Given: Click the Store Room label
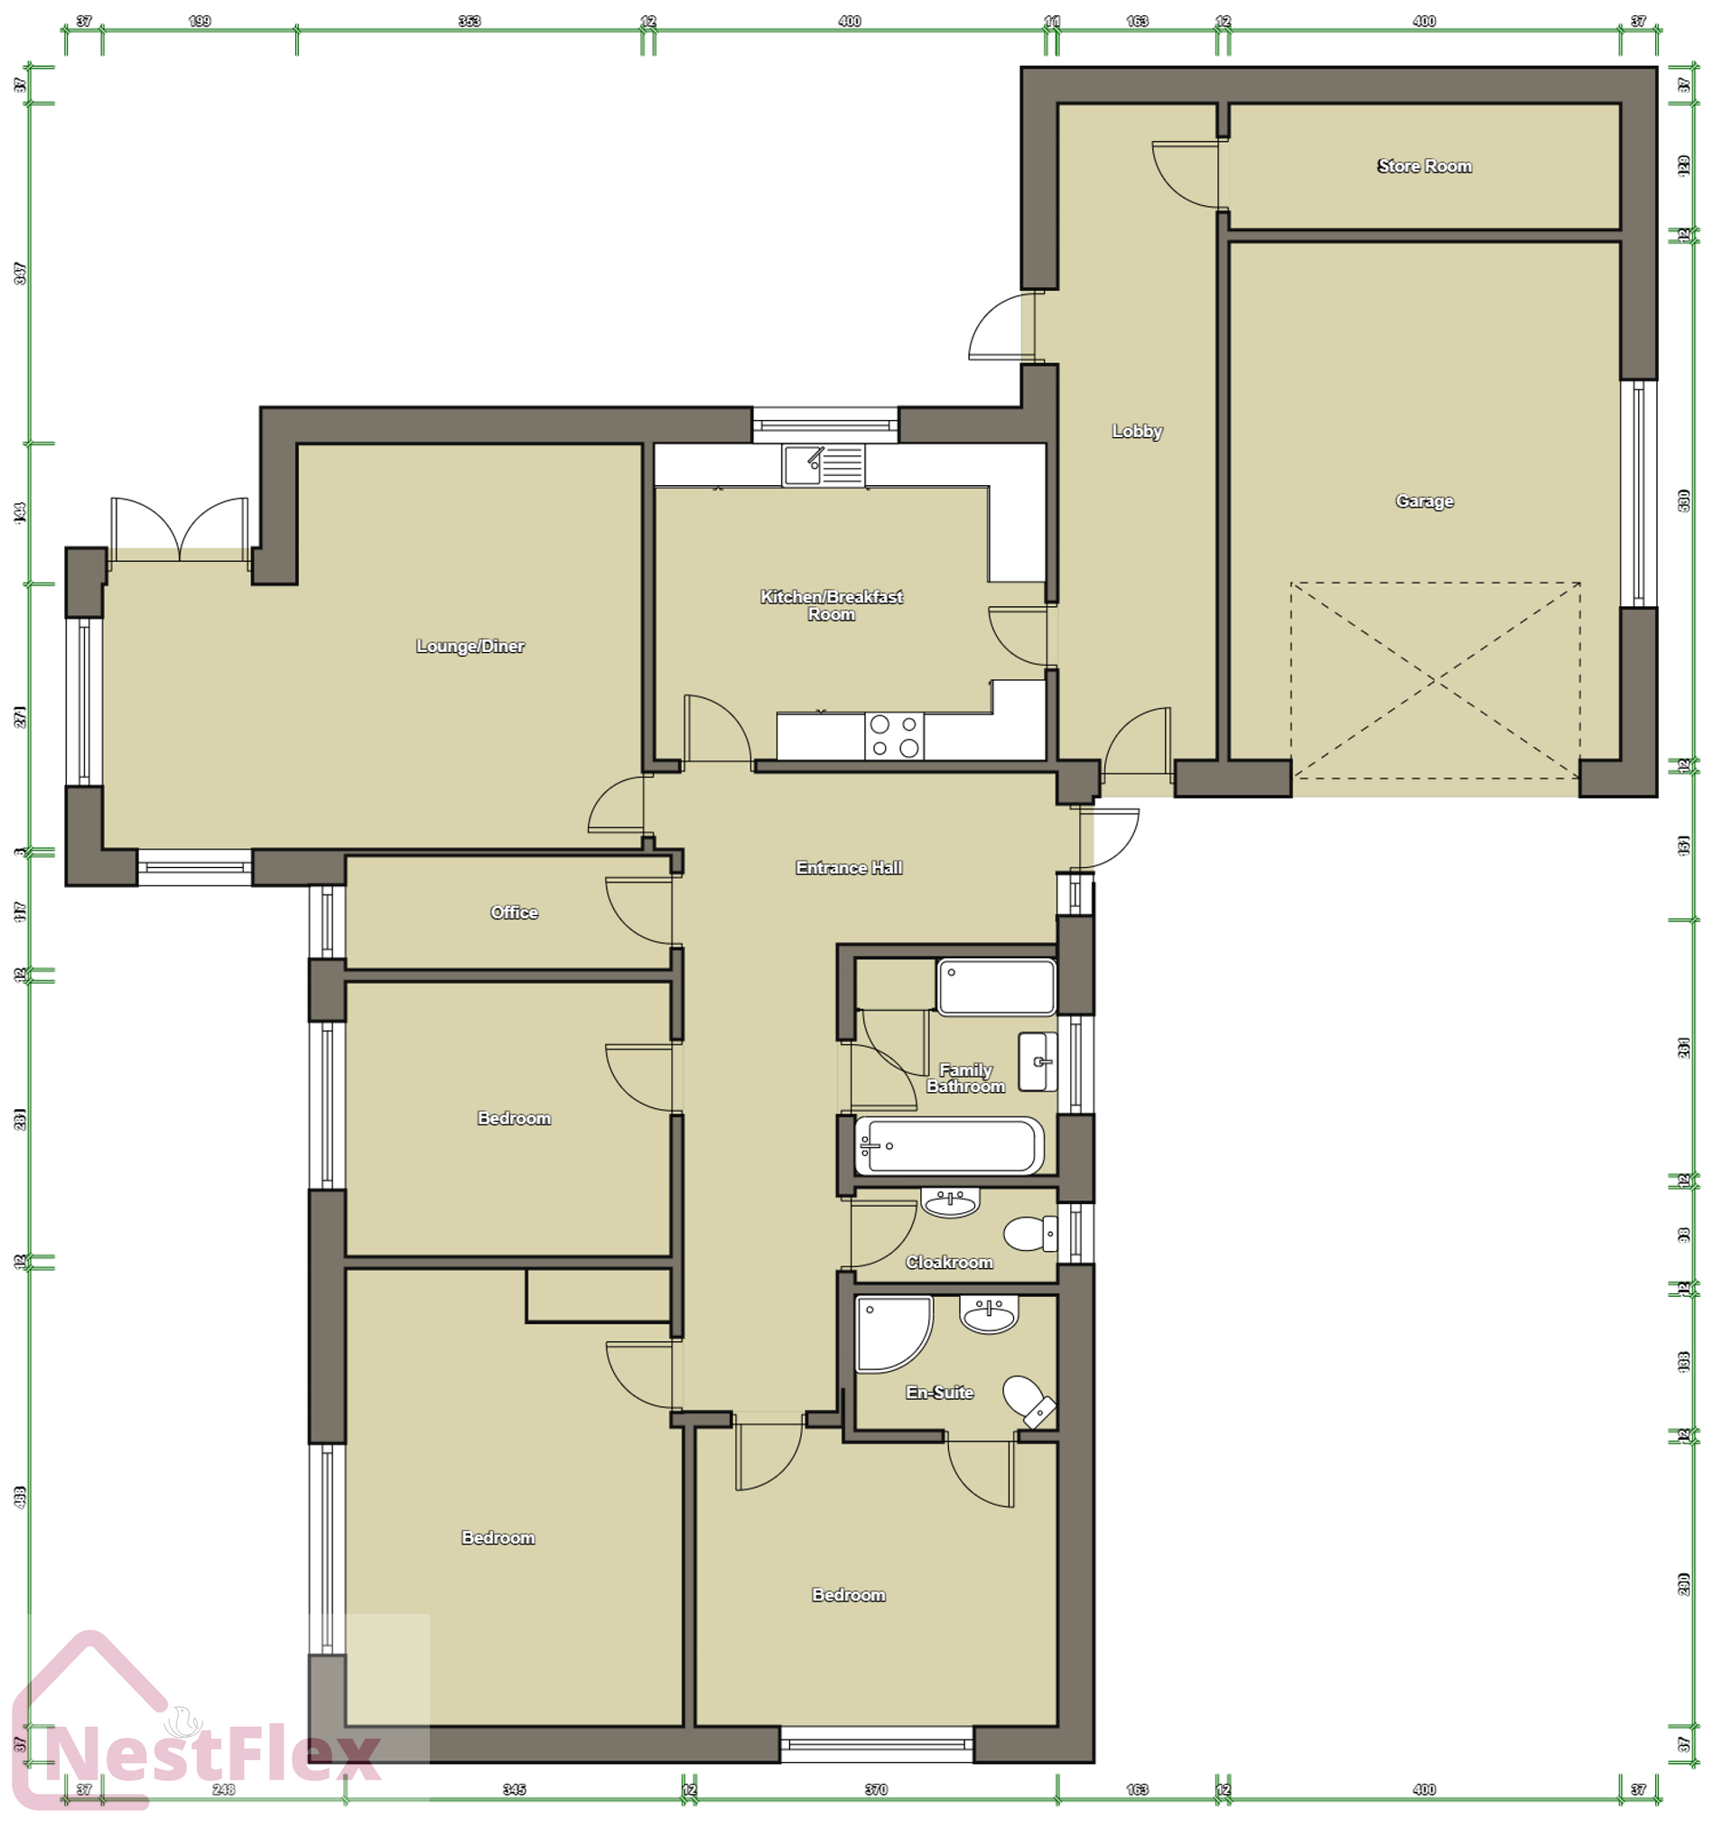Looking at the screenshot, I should [1424, 166].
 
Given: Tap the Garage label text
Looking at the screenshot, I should [1424, 501].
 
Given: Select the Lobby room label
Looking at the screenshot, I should [1137, 432].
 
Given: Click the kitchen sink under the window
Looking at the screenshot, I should [823, 465].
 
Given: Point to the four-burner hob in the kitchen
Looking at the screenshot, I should [894, 736].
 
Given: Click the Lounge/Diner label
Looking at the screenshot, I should [470, 647].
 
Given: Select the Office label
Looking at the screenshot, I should [513, 912].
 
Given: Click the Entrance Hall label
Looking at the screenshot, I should [848, 868].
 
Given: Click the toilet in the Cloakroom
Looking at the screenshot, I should [1030, 1234].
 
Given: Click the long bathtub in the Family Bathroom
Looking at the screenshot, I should [948, 1146].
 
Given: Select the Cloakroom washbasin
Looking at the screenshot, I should [950, 1202].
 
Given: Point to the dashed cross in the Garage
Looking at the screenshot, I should [1434, 680].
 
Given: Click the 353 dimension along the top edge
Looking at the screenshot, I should [470, 21].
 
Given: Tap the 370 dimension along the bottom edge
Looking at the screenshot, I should [876, 1789].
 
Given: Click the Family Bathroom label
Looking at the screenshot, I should [965, 1078].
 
